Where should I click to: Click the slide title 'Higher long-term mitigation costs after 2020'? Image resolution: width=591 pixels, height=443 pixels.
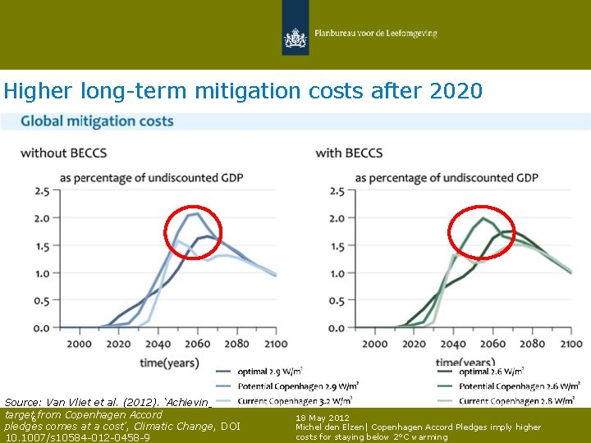243,90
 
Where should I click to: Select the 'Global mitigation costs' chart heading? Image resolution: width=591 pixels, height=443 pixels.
97,121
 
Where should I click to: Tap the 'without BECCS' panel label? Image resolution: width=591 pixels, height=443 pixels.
63,153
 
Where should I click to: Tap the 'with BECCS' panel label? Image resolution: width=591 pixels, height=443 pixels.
349,153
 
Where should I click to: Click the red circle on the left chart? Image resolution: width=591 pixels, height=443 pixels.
193,231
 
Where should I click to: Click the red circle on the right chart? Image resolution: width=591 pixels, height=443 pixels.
482,232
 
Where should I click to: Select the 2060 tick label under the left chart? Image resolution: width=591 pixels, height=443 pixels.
197,344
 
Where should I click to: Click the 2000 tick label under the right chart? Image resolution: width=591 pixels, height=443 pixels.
374,344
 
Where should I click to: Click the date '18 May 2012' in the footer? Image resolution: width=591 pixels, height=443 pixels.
323,418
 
